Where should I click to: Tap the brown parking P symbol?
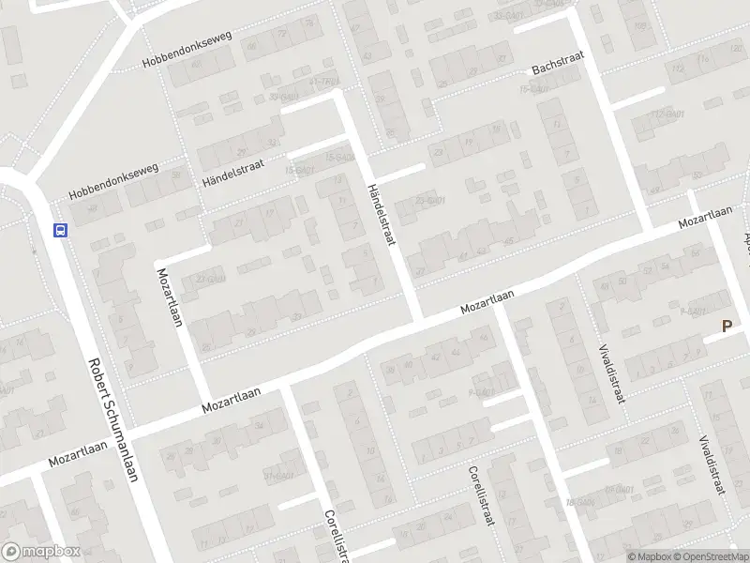tap(727, 327)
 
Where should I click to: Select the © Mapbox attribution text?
tap(646, 556)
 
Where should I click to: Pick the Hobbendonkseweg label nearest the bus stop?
tap(113, 184)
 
